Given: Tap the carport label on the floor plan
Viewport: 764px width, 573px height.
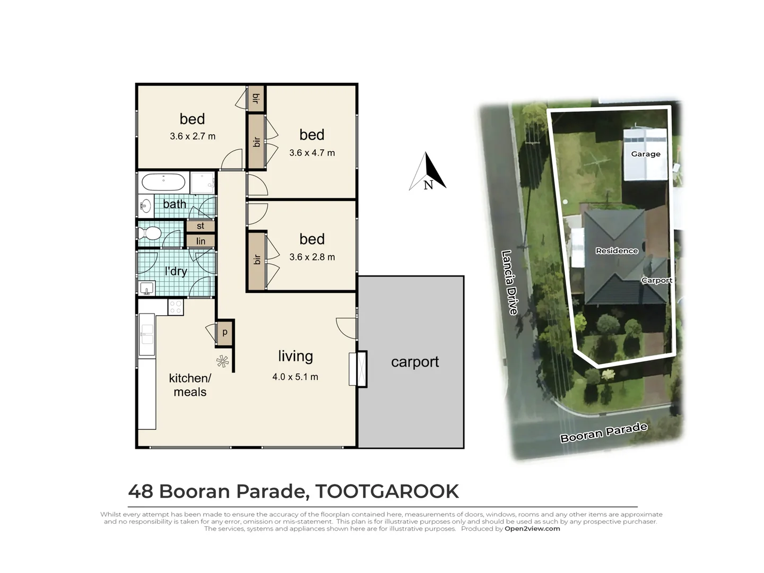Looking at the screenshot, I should pos(414,362).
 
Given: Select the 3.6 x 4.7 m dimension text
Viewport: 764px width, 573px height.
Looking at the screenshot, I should pos(312,153).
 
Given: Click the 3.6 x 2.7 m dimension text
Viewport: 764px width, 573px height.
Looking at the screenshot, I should pos(193,136).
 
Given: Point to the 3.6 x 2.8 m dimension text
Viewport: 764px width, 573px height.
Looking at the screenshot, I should pos(312,257).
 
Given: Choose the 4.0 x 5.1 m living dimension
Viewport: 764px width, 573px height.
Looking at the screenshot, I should pos(295,377).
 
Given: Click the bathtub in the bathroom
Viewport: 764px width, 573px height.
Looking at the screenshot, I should pos(163,183).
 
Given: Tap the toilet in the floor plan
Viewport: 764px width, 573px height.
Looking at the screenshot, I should pos(150,233).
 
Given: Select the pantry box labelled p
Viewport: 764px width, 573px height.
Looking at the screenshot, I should pos(224,333).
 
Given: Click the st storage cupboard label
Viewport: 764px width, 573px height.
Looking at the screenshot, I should pos(201,226).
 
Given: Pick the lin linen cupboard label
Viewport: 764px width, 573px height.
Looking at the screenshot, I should pos(201,241).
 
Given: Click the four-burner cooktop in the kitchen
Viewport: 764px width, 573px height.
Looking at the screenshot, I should pos(176,307).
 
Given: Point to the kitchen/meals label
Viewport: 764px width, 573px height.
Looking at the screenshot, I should pos(190,385).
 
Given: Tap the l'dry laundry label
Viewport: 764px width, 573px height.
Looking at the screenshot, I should pos(176,272).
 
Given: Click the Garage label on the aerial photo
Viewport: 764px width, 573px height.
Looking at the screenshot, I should pos(646,154).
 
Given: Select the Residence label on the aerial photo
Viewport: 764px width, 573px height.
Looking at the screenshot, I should pos(617,250).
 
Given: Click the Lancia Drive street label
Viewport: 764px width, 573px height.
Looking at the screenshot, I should pos(509,282).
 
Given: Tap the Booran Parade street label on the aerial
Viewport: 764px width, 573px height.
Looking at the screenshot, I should pos(604,432).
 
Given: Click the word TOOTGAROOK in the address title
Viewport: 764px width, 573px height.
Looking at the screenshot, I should pos(387,491).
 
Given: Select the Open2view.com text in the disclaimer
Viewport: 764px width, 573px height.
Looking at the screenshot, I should pos(532,528).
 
